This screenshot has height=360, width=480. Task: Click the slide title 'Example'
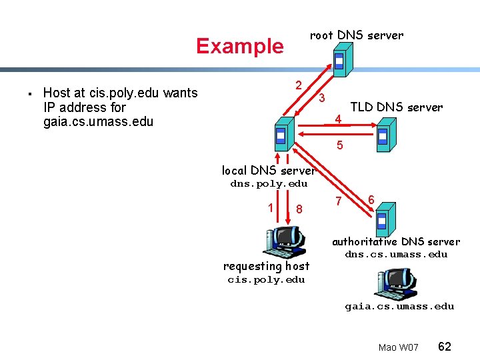(x=239, y=46)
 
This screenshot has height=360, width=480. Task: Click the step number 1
(x=270, y=207)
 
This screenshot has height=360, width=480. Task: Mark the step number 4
(x=339, y=119)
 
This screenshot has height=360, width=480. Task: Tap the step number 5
(x=339, y=145)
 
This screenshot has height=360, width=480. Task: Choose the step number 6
(x=371, y=199)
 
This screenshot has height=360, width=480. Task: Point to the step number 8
(x=299, y=209)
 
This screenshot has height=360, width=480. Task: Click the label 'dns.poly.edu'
(x=269, y=184)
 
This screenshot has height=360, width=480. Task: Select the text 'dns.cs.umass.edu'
(x=396, y=255)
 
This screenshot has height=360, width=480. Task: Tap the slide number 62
(x=445, y=347)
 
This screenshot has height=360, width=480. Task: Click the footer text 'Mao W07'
(x=398, y=348)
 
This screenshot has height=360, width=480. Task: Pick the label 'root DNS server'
(x=357, y=35)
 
